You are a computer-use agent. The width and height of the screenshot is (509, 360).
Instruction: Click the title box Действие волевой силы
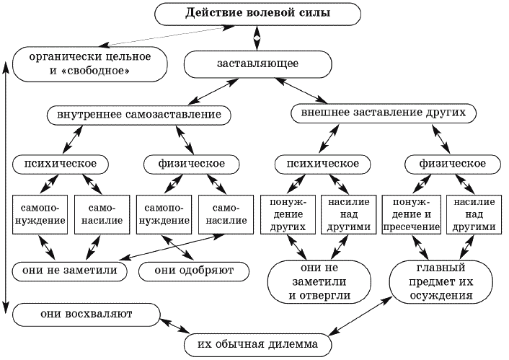click(258, 14)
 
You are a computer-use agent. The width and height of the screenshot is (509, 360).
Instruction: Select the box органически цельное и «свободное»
click(90, 64)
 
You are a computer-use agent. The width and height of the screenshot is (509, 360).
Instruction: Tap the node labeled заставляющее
click(258, 63)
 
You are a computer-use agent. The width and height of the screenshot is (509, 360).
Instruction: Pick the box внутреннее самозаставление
click(139, 115)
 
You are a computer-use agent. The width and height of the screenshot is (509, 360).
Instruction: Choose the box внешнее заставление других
click(384, 113)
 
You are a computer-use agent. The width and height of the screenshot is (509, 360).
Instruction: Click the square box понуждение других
click(288, 214)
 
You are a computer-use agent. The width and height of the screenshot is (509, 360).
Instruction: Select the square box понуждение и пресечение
click(411, 214)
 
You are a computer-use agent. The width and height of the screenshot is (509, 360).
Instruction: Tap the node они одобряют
click(194, 271)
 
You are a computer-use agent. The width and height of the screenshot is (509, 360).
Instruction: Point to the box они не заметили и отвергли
click(319, 281)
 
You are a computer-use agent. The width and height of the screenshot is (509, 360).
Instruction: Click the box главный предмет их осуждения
click(441, 281)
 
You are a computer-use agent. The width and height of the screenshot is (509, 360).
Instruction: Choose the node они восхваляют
click(87, 315)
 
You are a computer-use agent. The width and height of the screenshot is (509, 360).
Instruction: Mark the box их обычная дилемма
click(258, 345)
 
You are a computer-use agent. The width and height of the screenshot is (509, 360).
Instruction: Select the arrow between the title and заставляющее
click(257, 38)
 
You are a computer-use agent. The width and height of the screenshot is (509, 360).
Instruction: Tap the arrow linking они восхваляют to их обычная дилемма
click(174, 325)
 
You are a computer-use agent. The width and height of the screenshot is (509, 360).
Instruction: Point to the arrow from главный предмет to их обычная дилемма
click(360, 316)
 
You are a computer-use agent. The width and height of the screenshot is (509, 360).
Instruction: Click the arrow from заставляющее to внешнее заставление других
click(301, 91)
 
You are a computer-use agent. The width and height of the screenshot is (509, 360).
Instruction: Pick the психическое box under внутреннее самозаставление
click(61, 164)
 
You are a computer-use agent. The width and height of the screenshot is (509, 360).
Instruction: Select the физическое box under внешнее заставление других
click(453, 164)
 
